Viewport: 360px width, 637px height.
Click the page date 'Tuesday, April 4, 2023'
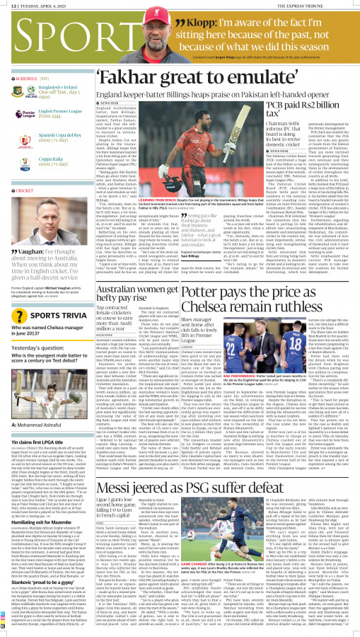(x=42, y=4)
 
